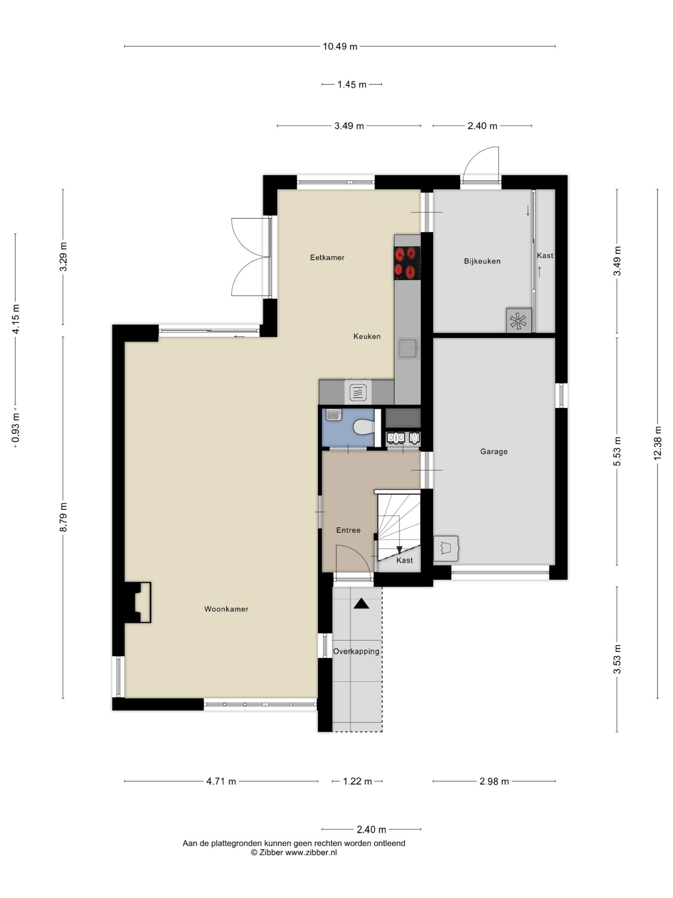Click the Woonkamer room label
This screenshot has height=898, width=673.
point(226,609)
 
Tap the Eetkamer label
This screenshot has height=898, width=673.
point(327,257)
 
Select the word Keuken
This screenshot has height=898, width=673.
point(367,336)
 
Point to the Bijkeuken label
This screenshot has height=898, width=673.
point(482,261)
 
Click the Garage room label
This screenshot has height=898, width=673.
point(494,451)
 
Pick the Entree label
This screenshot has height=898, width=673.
point(348,530)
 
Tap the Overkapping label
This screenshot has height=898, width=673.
point(356,651)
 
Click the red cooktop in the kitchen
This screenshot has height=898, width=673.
point(407,263)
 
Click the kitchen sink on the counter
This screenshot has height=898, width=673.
point(408,348)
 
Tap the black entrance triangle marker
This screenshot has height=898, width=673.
point(361,604)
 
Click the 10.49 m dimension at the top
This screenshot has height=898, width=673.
point(340,46)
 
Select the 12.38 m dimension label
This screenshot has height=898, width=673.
point(657,443)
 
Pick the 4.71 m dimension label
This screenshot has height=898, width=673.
point(221,782)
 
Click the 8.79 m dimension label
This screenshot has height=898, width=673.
point(63,517)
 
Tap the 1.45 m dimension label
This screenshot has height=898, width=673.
point(352,85)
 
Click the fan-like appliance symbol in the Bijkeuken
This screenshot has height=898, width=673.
point(518,321)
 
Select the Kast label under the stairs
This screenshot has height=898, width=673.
point(405,560)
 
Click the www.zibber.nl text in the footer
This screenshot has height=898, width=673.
point(311,852)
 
